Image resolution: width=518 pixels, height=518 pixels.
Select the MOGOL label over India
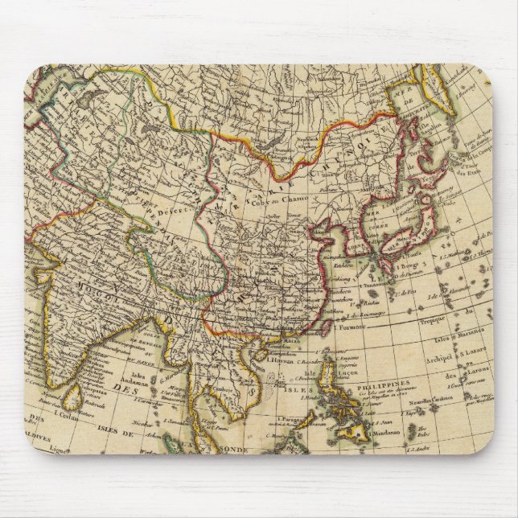79,286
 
